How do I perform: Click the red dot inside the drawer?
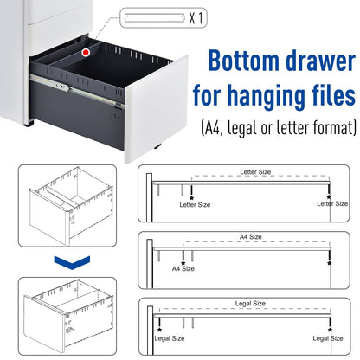86,54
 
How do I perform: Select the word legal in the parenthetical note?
253,128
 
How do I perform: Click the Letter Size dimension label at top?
255,172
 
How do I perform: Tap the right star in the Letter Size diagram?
331,197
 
